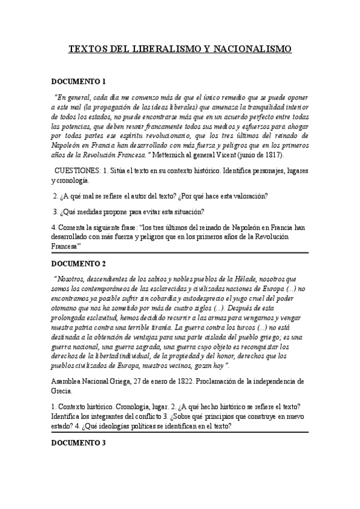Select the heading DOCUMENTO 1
pyautogui.click(x=79, y=82)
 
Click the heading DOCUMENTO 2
pyautogui.click(x=79, y=264)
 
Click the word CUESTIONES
pyautogui.click(x=78, y=170)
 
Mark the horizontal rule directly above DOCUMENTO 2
pyautogui.click(x=180, y=253)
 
